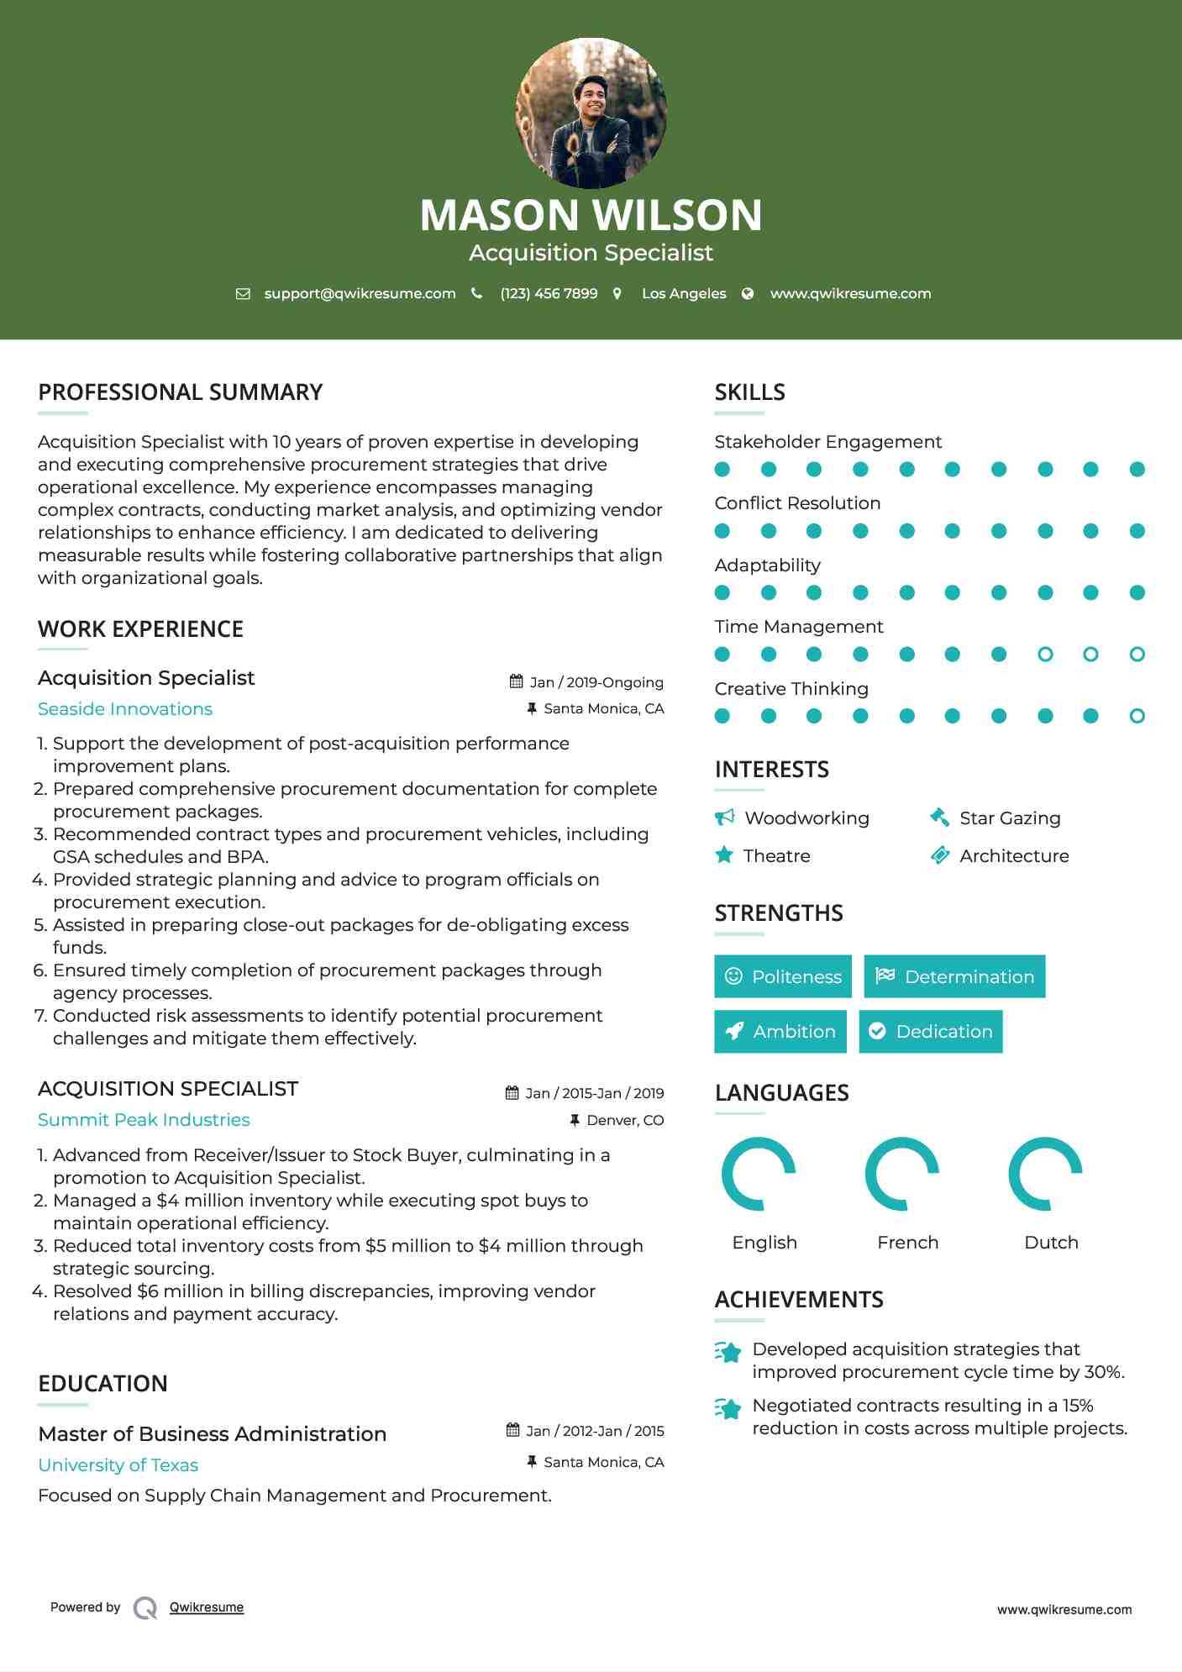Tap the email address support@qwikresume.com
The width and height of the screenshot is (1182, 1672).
pos(360,293)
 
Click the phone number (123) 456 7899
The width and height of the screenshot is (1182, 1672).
pos(549,293)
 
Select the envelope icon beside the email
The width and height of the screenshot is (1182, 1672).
pos(243,293)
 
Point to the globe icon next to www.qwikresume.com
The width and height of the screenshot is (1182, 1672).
pos(747,293)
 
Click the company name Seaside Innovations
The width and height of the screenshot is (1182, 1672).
pos(125,709)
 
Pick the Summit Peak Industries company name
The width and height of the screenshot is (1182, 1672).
pos(144,1120)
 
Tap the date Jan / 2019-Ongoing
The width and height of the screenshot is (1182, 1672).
pos(596,682)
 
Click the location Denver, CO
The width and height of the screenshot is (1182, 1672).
pos(624,1120)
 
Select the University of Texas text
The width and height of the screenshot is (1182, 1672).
pos(118,1465)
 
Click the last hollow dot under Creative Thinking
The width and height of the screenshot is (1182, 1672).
pos(1137,716)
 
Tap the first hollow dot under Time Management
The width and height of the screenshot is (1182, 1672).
pos(1045,654)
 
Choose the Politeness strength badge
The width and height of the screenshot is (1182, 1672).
pos(783,976)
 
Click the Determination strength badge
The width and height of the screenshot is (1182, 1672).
pos(954,976)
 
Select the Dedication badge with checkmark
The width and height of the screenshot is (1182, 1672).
pos(931,1031)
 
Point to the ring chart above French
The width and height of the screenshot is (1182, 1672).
pos(902,1174)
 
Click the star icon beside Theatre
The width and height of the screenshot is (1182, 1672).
pos(724,855)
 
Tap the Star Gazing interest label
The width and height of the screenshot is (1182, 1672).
pos(1010,818)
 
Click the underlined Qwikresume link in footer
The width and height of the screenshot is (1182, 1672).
pos(207,1607)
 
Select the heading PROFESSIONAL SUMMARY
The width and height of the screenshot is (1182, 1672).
pos(181,392)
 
